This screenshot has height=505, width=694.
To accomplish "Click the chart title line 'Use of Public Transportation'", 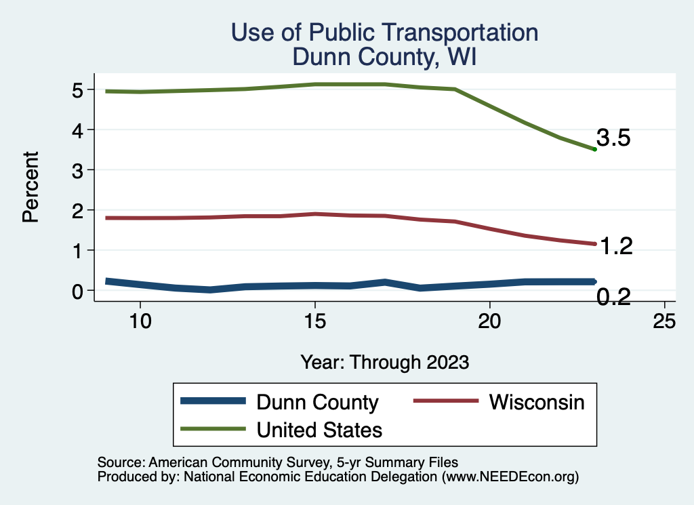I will click(x=384, y=33).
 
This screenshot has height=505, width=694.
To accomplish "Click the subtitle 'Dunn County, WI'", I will click(x=384, y=56).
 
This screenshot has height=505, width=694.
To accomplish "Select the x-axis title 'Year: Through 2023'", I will click(x=385, y=362).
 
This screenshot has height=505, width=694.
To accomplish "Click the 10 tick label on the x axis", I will click(x=140, y=321).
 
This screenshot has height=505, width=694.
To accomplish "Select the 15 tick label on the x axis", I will click(x=314, y=321).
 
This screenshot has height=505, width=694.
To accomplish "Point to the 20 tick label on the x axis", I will click(x=489, y=321).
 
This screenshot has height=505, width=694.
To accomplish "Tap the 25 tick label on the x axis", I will click(x=664, y=321).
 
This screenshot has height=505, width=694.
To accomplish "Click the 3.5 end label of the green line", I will click(x=613, y=138).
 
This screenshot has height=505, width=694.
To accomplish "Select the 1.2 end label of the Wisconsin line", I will click(x=616, y=247).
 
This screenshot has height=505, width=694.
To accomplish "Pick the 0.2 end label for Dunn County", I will click(x=613, y=297).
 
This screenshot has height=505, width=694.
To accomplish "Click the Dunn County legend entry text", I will click(x=317, y=402).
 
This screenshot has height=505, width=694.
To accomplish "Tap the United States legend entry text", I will click(x=319, y=430).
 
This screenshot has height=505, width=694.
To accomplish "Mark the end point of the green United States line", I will click(x=594, y=149).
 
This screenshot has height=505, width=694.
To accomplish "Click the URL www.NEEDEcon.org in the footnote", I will click(x=509, y=477).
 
